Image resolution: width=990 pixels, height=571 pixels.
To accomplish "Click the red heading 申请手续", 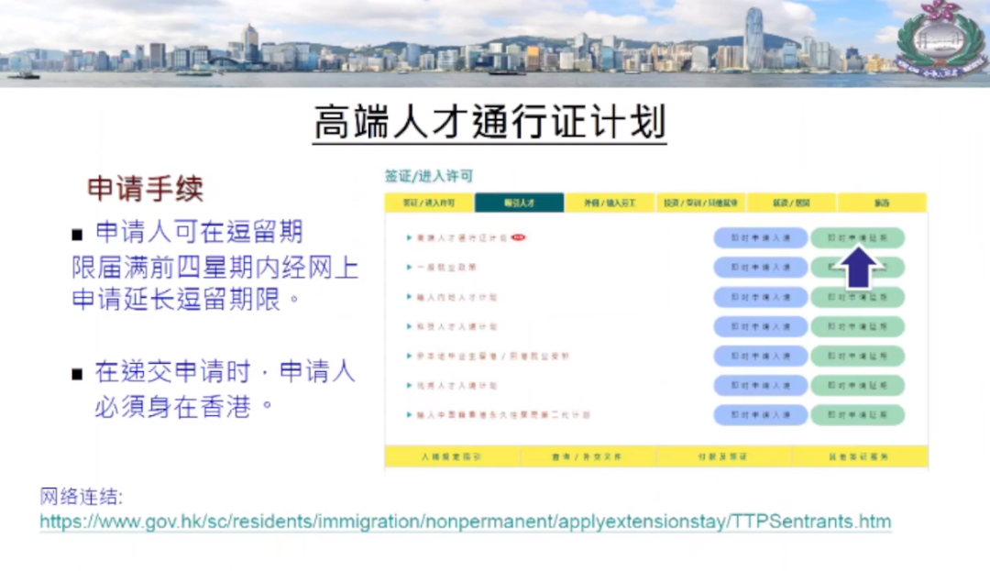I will (145, 188).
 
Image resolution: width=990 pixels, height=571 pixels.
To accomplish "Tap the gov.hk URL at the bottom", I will (465, 522).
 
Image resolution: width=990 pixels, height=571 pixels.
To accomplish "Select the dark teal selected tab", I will (519, 203).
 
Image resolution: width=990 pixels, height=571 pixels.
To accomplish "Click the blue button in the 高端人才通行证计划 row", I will (761, 237).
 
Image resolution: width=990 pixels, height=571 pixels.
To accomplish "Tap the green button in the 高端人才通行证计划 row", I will (857, 237).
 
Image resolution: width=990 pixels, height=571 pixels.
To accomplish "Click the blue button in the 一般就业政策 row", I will (761, 267).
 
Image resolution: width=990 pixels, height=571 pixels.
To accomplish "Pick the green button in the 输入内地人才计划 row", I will (857, 297).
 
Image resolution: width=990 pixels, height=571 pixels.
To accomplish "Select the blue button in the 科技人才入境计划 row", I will (761, 326).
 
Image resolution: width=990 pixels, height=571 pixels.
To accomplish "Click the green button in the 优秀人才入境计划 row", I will (857, 385).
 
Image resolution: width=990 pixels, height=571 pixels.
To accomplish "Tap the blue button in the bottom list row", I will (761, 414).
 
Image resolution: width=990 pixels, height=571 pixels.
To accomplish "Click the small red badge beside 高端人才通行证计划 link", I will (519, 237).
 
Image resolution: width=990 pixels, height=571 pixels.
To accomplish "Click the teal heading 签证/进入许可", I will (429, 176).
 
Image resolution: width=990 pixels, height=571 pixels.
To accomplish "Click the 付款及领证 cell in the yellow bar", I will (724, 456).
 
